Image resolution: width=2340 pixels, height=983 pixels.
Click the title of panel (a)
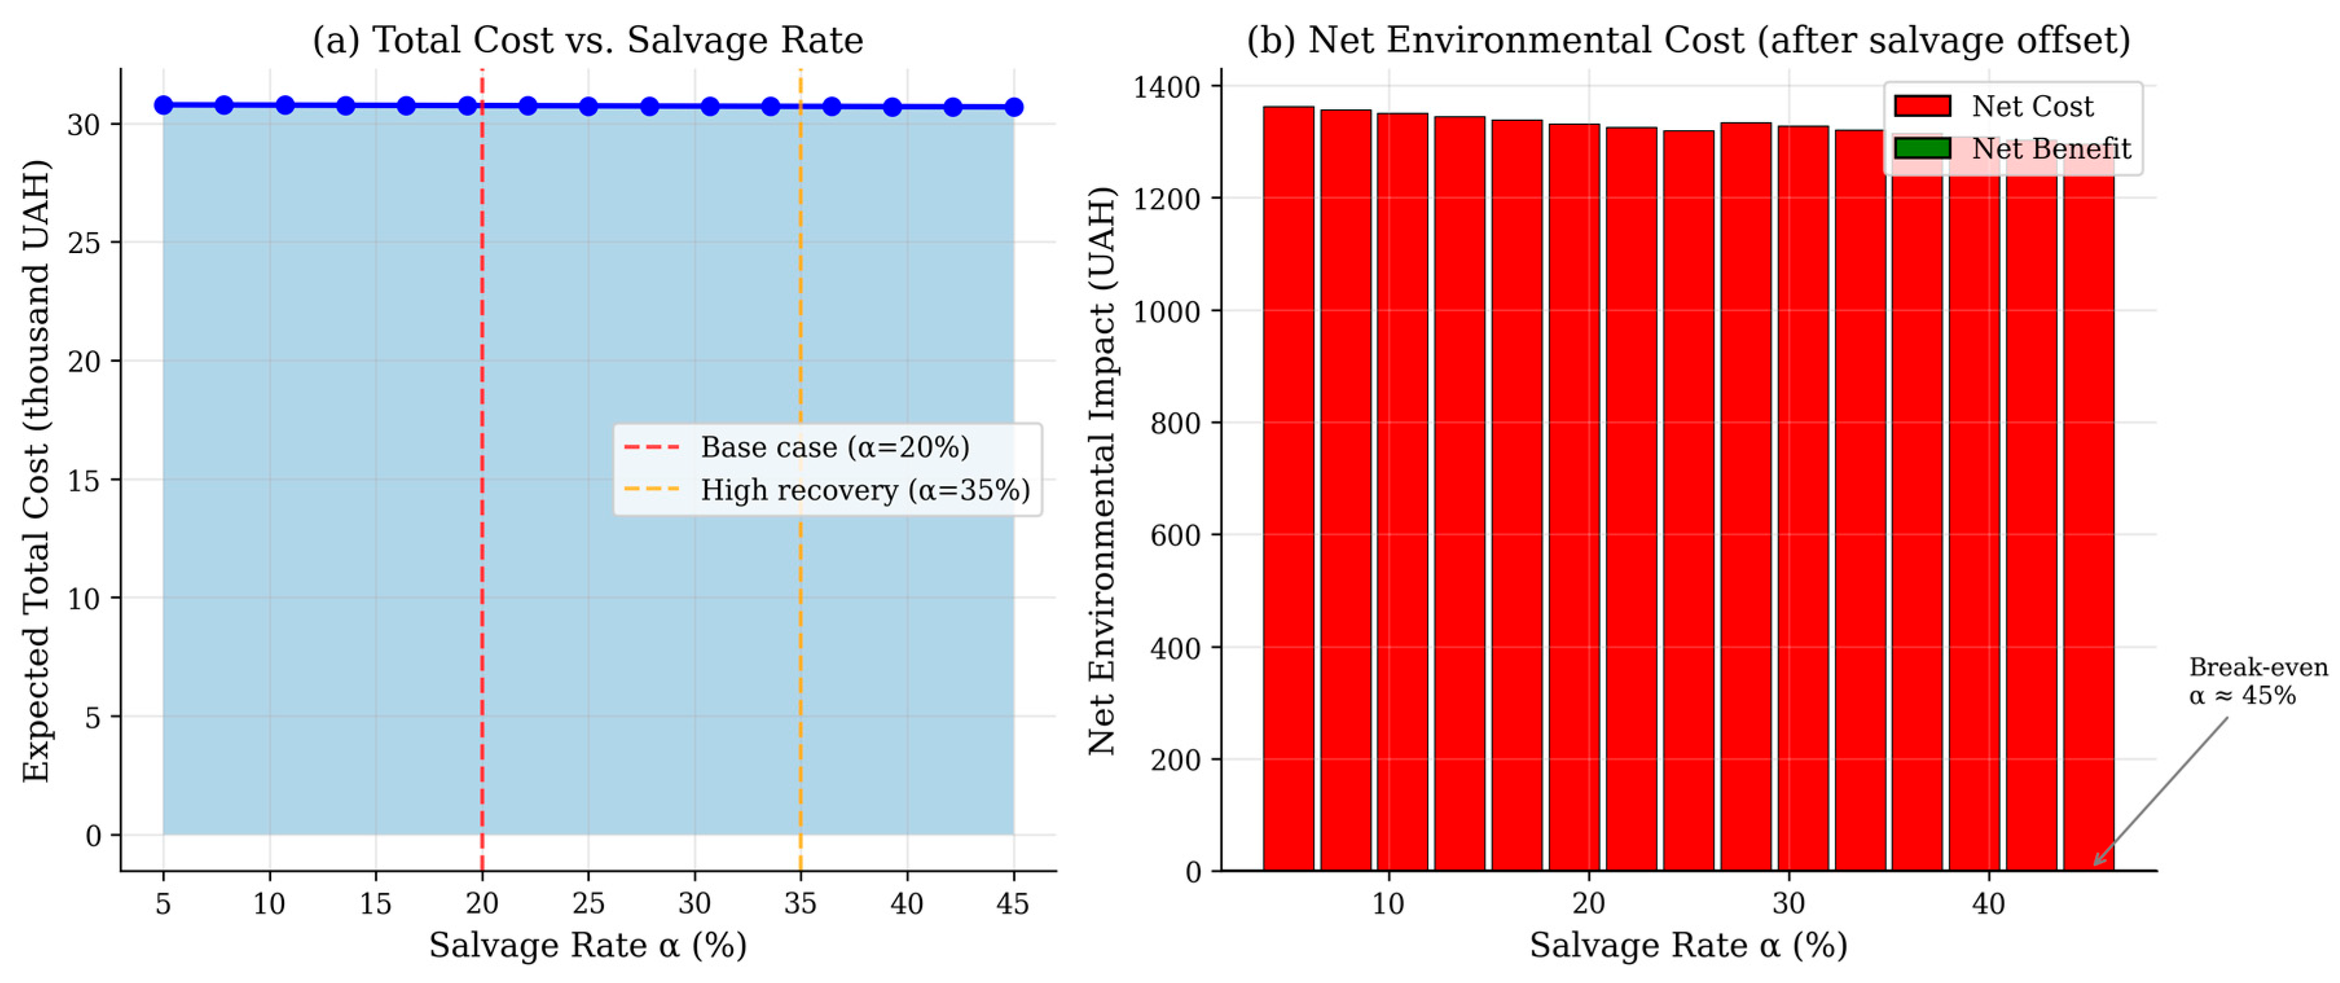(588, 40)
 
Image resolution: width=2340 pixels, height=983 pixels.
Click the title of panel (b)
(1689, 40)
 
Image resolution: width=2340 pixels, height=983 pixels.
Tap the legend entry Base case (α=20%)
(797, 447)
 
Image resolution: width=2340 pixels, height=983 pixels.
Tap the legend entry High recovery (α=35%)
(826, 490)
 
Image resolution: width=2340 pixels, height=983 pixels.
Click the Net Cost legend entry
(1994, 106)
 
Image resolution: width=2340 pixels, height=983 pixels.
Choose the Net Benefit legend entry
(2012, 148)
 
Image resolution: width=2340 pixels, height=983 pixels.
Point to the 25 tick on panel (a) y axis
(83, 243)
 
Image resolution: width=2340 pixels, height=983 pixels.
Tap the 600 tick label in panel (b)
(1175, 535)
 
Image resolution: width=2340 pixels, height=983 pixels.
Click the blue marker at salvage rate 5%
(164, 105)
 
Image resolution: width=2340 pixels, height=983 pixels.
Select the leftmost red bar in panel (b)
(1288, 489)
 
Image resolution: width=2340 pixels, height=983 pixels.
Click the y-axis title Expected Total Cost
(36, 470)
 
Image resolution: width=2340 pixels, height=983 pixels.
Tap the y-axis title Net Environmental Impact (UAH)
(1102, 470)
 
